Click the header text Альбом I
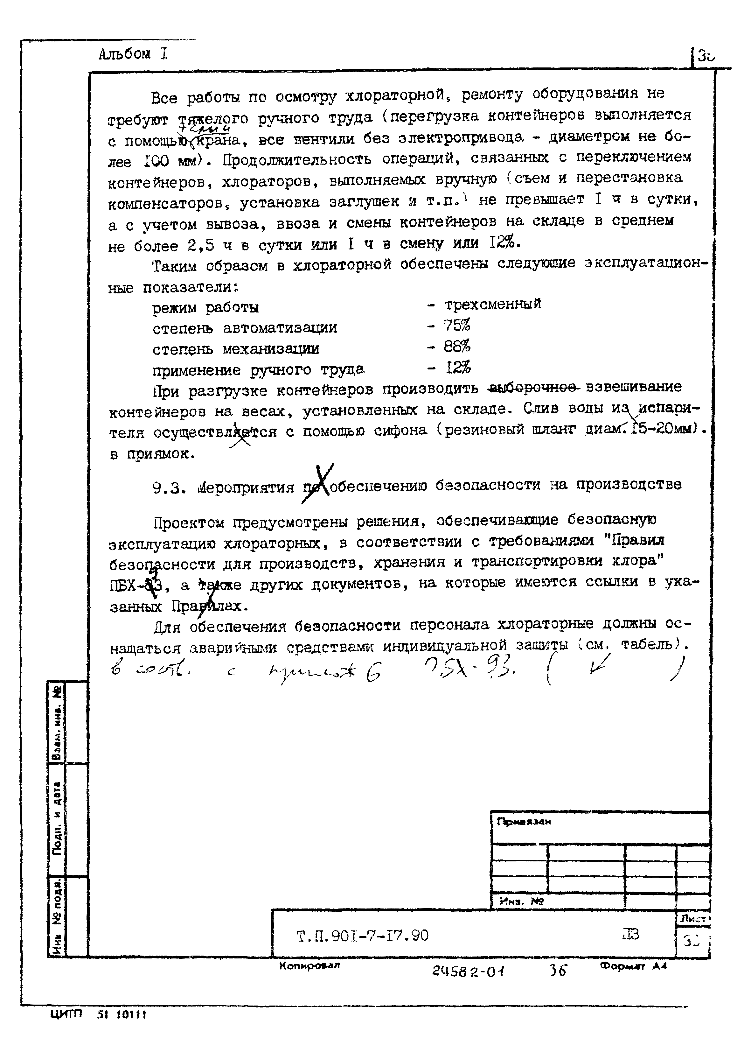133,54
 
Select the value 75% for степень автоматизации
456,325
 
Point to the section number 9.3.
169,488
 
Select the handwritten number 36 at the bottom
557,971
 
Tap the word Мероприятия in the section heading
246,487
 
